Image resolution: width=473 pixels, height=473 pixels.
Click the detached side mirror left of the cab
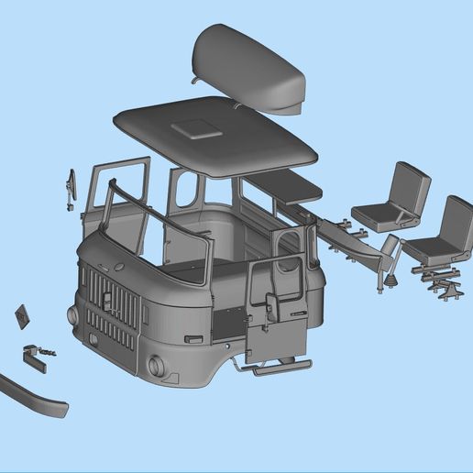pyautogui.click(x=69, y=189)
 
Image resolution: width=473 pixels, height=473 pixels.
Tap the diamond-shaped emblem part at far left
pyautogui.click(x=22, y=318)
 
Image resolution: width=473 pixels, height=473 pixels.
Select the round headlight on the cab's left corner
pyautogui.click(x=72, y=314)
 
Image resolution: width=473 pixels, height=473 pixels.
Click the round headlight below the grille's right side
pyautogui.click(x=157, y=365)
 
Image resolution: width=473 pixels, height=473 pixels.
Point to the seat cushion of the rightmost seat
pyautogui.click(x=431, y=248)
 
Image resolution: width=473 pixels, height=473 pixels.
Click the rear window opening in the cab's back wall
pyautogui.click(x=188, y=191)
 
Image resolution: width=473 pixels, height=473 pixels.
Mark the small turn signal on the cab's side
pyautogui.click(x=192, y=339)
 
